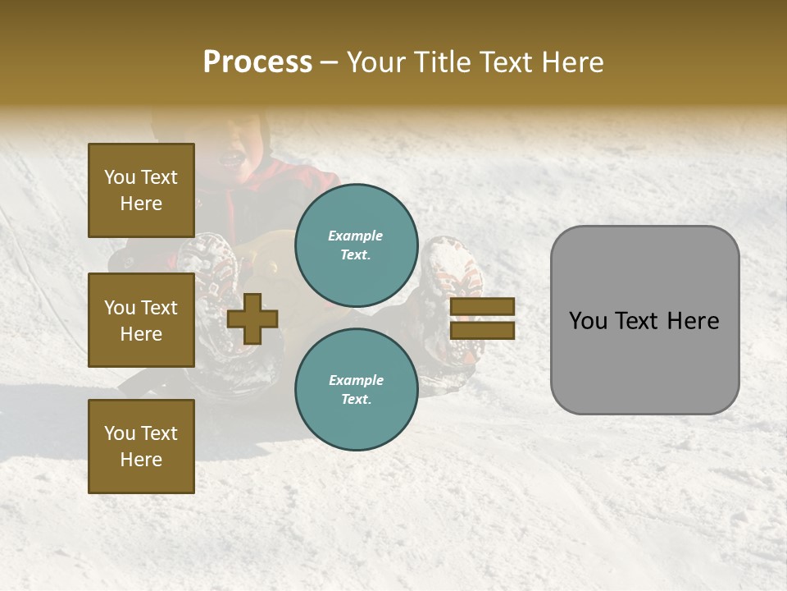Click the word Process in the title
[x=257, y=62]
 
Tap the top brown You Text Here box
[x=141, y=190]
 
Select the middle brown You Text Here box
[x=141, y=320]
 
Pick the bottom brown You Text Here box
[x=141, y=446]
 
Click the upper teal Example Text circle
[x=356, y=245]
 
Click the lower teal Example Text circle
[x=356, y=389]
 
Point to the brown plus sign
[x=252, y=319]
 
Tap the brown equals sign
[x=483, y=318]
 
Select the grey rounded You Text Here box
[x=644, y=320]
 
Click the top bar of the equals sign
[x=483, y=307]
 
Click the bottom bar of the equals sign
[x=483, y=331]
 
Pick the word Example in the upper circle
[x=356, y=236]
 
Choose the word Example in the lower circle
[x=356, y=380]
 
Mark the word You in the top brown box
[x=120, y=177]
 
